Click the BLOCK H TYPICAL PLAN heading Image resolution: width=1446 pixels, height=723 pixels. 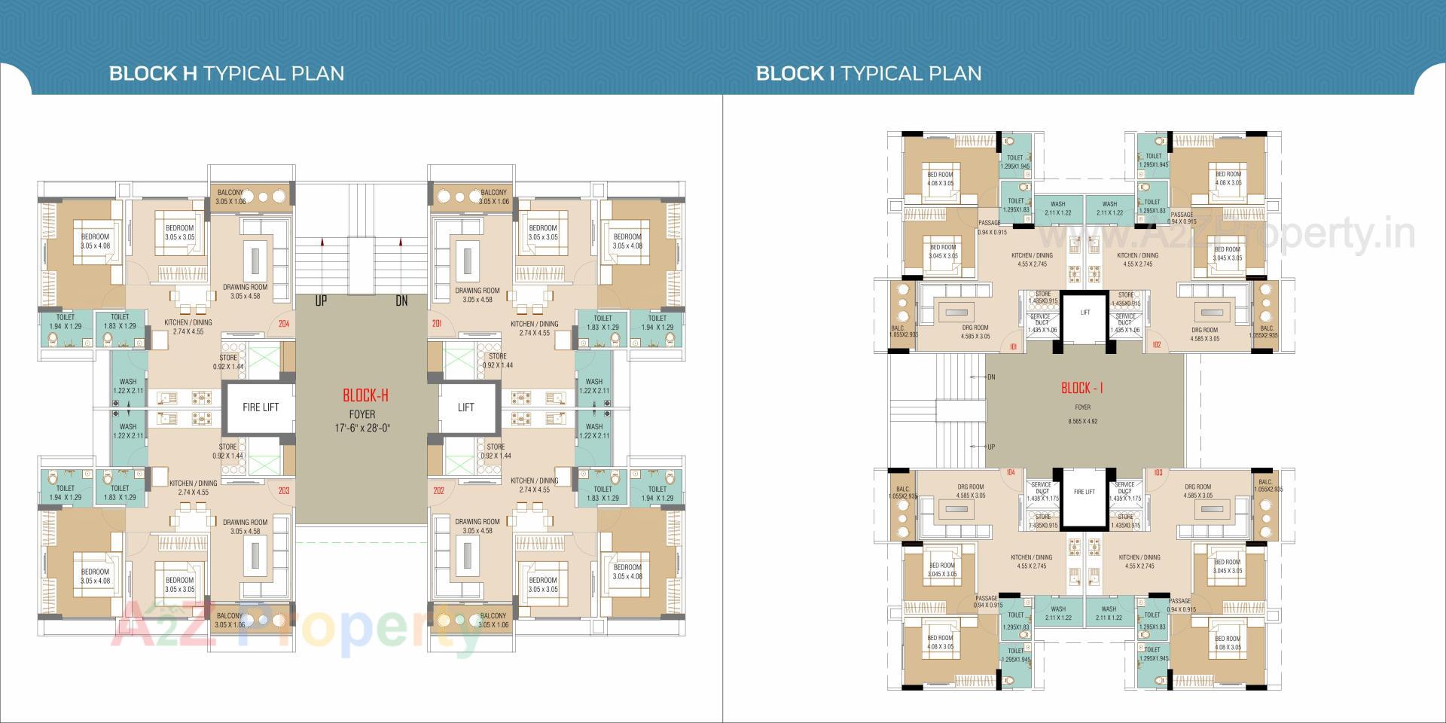point(227,73)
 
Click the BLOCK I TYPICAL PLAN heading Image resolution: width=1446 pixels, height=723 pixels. point(868,73)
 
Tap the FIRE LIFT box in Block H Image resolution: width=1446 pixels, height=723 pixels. point(261,407)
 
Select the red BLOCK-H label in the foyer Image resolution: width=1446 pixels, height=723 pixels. point(365,395)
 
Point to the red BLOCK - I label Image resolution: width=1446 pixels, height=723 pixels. point(1081,388)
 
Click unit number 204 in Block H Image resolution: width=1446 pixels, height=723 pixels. point(284,325)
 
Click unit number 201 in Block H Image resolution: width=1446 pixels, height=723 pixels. point(437,325)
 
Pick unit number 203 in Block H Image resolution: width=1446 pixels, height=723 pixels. point(284,491)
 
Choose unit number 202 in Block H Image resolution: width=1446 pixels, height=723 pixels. point(438,491)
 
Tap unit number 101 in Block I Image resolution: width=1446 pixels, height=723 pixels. point(1013,347)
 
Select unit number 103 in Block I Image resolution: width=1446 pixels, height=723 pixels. point(1158,473)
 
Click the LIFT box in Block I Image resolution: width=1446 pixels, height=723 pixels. point(1084,313)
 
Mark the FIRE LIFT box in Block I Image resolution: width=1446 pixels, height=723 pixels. point(1084,492)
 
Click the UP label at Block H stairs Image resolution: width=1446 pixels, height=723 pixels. point(321,301)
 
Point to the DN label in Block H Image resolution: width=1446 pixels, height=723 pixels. point(401,301)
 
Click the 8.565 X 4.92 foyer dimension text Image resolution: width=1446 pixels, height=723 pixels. point(1082,421)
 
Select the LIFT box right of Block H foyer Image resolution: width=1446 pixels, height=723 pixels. point(466,407)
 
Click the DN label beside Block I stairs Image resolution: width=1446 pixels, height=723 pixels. point(990,377)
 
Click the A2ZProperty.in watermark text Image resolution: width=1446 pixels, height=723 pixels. point(1235,235)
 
